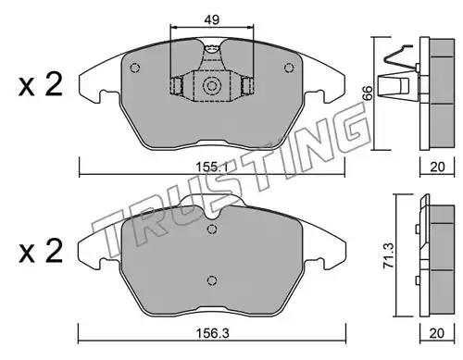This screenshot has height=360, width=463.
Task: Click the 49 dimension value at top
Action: coord(211,19)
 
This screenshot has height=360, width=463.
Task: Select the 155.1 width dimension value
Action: coord(212,168)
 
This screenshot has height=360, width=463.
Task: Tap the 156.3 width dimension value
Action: coord(213,333)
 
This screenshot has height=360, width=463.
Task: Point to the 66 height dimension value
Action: coord(368,93)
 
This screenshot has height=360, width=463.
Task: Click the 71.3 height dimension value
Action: coord(388,255)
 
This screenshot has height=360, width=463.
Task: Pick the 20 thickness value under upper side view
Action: coord(437,167)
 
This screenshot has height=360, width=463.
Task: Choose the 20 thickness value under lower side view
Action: coord(437,333)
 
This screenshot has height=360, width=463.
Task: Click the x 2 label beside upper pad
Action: coord(41,84)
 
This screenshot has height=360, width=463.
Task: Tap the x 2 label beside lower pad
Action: coord(41,252)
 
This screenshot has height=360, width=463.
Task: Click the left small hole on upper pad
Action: coord(135,68)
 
